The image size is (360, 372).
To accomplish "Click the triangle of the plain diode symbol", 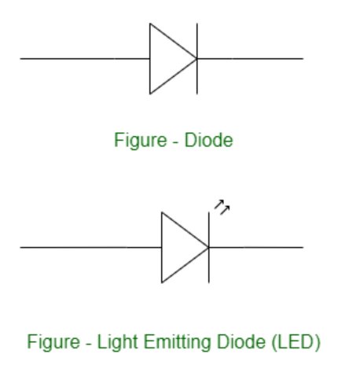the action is coord(150,59).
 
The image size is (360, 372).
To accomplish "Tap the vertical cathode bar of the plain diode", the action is coord(197,59).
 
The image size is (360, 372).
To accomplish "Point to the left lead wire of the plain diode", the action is coord(85,59).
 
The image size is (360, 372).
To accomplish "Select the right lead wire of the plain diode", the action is coord(250,59).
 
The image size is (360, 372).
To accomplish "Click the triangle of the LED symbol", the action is coord(162,248).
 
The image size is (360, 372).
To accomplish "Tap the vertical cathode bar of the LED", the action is coord(209,248).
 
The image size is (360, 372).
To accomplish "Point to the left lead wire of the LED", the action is coord(91,247).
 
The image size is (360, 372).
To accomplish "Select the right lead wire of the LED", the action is coord(256,247).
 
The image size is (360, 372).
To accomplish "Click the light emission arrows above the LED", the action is coord(222,207).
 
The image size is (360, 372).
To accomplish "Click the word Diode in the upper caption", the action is coord(208,140).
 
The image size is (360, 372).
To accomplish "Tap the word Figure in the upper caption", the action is coord(141,141).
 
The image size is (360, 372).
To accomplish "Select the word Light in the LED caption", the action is coord(117,342).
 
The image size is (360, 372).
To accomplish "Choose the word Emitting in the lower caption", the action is coord(178,342).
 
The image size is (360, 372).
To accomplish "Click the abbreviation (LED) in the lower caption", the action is coord(296,342).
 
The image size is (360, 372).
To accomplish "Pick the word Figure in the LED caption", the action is coord(53,342).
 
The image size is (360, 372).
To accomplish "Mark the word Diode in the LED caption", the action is coord(241,341).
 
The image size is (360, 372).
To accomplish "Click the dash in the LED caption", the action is coord(89,344).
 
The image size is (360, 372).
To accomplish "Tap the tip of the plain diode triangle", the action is coord(197,59).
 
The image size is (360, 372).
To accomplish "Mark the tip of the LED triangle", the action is coord(208,247).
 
